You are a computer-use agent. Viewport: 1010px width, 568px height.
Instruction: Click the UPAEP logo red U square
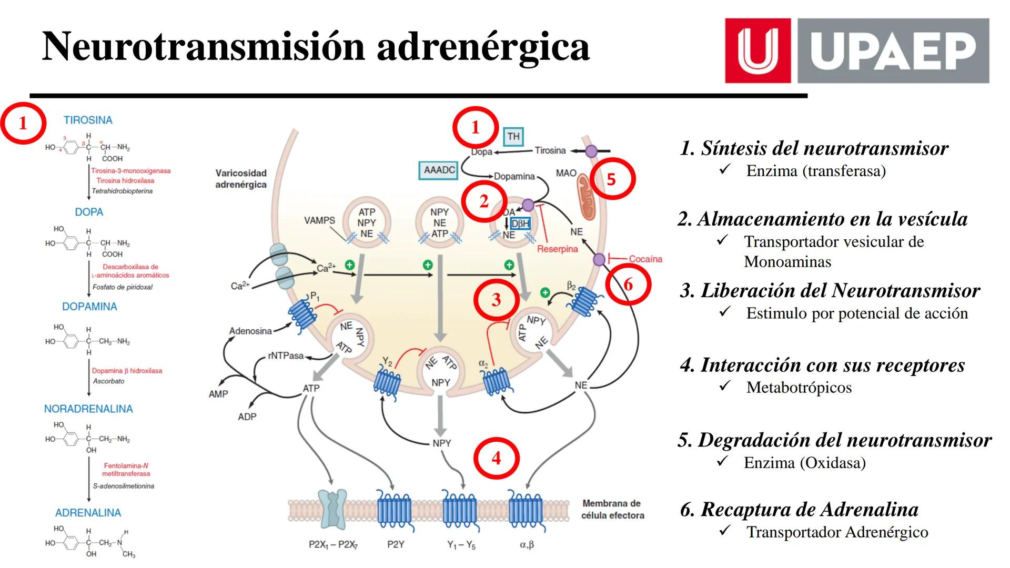click(x=757, y=51)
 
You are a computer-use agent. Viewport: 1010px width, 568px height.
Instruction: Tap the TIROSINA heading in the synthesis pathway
click(x=88, y=120)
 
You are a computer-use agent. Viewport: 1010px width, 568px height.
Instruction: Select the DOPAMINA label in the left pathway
click(x=89, y=306)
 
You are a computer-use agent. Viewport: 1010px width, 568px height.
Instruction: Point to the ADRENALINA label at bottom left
click(x=88, y=512)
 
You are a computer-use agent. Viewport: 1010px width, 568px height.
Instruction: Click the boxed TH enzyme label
click(x=513, y=137)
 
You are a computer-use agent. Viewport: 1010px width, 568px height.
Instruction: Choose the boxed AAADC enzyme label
click(x=439, y=170)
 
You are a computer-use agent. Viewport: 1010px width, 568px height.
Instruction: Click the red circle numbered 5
click(x=611, y=179)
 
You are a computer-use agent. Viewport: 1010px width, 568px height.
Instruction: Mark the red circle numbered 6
click(x=628, y=285)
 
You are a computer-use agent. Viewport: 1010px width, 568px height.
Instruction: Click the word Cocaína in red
click(x=645, y=259)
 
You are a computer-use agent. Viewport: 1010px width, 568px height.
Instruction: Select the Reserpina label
click(x=557, y=249)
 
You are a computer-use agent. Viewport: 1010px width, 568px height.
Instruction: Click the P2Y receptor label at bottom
click(x=395, y=544)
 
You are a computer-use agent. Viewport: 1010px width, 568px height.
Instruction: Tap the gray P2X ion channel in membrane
click(x=332, y=509)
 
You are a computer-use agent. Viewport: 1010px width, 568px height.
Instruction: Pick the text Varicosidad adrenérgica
click(x=241, y=179)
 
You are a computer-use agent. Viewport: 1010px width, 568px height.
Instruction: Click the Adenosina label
click(x=250, y=331)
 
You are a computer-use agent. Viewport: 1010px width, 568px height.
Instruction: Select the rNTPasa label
click(x=286, y=356)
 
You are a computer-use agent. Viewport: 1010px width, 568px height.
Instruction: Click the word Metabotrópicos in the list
click(x=799, y=388)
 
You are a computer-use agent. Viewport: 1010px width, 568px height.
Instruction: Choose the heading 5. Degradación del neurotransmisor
click(x=834, y=440)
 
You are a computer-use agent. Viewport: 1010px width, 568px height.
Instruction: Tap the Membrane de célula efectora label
click(x=612, y=509)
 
